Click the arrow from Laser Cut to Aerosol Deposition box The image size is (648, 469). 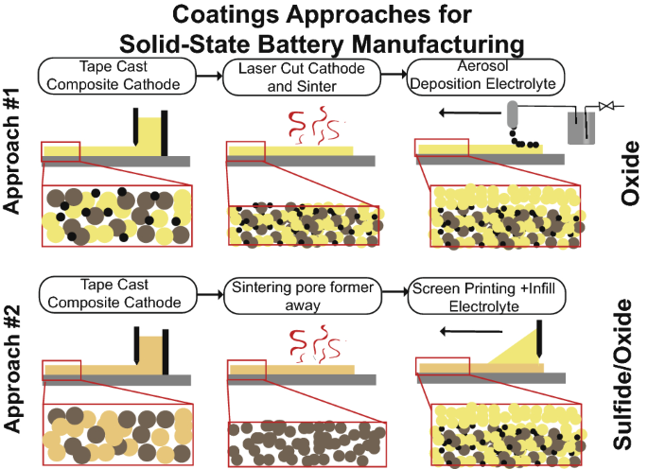click(x=389, y=76)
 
